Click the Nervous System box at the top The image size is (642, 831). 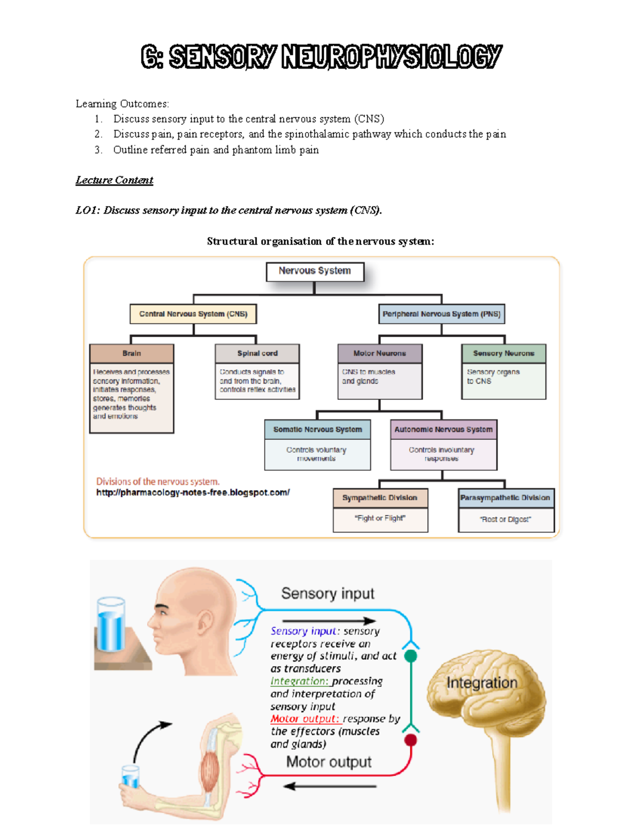point(315,271)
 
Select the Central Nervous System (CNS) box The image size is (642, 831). point(193,314)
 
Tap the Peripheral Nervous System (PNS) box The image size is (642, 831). point(441,314)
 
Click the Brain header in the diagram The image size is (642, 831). point(132,353)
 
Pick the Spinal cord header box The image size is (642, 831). point(257,353)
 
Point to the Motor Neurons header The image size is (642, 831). point(380,353)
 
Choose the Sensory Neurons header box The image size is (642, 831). point(503,353)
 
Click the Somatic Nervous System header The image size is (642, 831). point(317,429)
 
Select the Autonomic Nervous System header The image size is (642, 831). point(444,429)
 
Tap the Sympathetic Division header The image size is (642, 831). point(380,498)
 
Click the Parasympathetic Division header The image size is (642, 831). point(506,498)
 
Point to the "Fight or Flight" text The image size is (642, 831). point(380,518)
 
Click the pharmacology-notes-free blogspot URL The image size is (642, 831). point(193,492)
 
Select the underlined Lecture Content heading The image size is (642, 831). point(114,180)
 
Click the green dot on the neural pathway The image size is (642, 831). point(411,656)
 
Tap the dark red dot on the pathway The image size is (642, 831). point(411,740)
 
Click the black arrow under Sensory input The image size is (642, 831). point(329,621)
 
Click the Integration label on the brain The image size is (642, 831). point(482,683)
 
